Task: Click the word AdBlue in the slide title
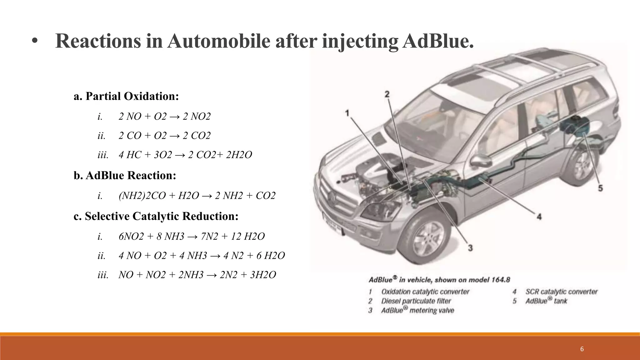pos(437,41)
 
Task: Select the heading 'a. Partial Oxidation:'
pos(126,96)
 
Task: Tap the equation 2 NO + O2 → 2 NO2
pos(165,117)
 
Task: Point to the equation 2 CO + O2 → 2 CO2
pos(165,136)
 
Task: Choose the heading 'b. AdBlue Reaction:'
pos(125,176)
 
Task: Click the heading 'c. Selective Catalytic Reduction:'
pos(156,216)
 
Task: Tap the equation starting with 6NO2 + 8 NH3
pos(192,237)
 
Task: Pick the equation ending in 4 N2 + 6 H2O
pos(202,256)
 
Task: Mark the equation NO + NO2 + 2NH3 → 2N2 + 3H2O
pos(197,275)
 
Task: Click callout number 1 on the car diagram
pos(347,113)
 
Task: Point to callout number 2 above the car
pos(387,94)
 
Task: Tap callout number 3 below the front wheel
pos(470,248)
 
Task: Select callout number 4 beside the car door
pos(539,216)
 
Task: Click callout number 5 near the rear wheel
pos(600,188)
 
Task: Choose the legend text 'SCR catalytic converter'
pos(561,292)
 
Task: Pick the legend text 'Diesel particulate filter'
pos(416,301)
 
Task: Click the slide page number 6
pos(582,349)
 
